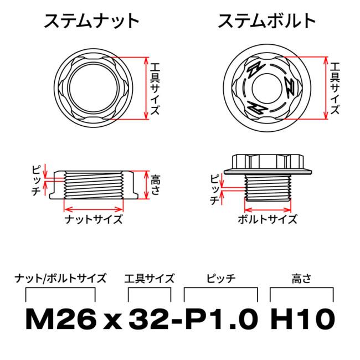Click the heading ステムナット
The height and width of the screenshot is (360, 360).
[x=92, y=22]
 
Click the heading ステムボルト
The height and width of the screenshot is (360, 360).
[x=267, y=22]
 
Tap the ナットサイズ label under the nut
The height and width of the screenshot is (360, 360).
[x=94, y=219]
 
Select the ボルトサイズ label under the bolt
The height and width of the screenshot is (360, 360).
[x=268, y=219]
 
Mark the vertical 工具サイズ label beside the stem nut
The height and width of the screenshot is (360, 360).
[x=156, y=87]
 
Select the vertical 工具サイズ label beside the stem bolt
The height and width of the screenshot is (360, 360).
[x=335, y=87]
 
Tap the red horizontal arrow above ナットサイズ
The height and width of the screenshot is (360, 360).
[x=94, y=208]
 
